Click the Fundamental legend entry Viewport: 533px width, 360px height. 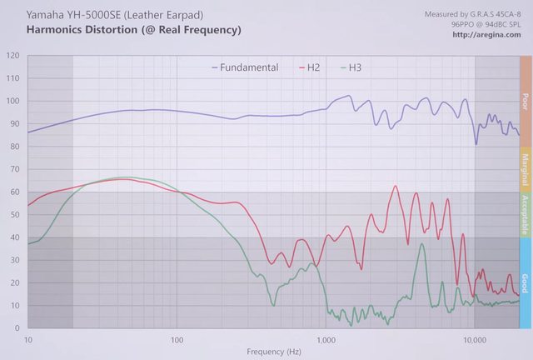pyautogui.click(x=249, y=67)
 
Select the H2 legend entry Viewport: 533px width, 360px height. pyautogui.click(x=313, y=67)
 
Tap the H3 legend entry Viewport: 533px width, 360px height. pyautogui.click(x=355, y=67)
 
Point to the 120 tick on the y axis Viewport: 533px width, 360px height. pyautogui.click(x=12, y=56)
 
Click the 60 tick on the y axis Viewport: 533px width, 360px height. pyautogui.click(x=14, y=192)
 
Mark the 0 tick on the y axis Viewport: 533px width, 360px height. pyautogui.click(x=17, y=328)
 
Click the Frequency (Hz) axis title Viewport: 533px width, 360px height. pyautogui.click(x=274, y=352)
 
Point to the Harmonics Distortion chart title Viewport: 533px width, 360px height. pyautogui.click(x=133, y=30)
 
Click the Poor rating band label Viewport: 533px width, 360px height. pyautogui.click(x=525, y=101)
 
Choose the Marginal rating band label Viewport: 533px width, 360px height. pyautogui.click(x=525, y=169)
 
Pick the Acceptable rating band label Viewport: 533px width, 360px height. pyautogui.click(x=525, y=215)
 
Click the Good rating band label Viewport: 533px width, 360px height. pyautogui.click(x=525, y=282)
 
